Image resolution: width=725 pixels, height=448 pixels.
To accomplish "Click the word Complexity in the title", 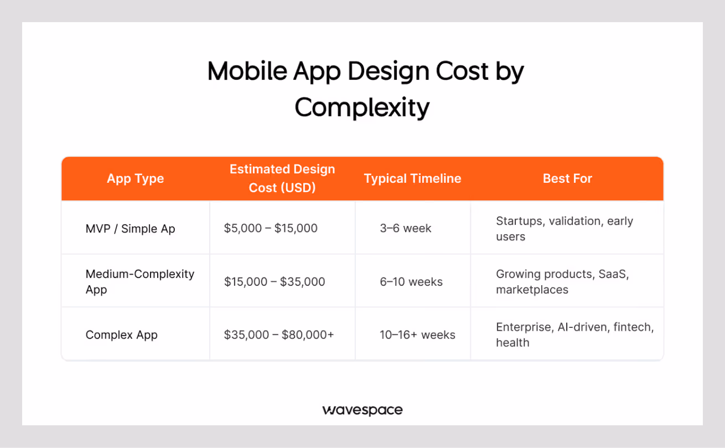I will pos(362,107).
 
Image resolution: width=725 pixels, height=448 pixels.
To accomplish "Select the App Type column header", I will pos(136,178).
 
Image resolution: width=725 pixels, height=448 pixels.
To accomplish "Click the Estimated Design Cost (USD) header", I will pos(282,178).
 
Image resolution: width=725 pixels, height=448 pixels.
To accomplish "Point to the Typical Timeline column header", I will pos(412,178).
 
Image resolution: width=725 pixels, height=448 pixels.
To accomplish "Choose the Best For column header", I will pos(567,178).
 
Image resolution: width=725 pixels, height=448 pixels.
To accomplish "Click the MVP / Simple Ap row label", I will pos(130,229).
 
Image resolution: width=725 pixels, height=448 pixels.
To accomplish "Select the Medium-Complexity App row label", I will pos(139,282).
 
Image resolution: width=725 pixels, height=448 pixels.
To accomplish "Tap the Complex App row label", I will pos(121,335).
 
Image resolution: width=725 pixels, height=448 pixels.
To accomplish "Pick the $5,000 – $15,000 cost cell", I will pos(271,229).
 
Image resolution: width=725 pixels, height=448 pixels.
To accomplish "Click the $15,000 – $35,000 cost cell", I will pos(275,282).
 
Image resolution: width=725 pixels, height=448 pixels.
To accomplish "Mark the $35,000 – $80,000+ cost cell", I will pos(279,335).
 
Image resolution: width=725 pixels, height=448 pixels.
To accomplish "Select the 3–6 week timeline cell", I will pos(405,229).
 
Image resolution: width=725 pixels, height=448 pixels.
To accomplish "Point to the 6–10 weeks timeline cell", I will pos(411,282).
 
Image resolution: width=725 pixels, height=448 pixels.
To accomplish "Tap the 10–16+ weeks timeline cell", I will pos(417,335).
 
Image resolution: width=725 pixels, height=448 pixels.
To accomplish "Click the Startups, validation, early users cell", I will pos(564,229).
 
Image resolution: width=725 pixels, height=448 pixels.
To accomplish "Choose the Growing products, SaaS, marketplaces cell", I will pos(562,282).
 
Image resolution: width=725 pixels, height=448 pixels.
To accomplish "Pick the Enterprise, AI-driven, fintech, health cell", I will pos(574,335).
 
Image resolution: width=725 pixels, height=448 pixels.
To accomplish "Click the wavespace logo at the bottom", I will pos(362,410).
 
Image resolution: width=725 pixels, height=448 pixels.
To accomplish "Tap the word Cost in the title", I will pos(463,71).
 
